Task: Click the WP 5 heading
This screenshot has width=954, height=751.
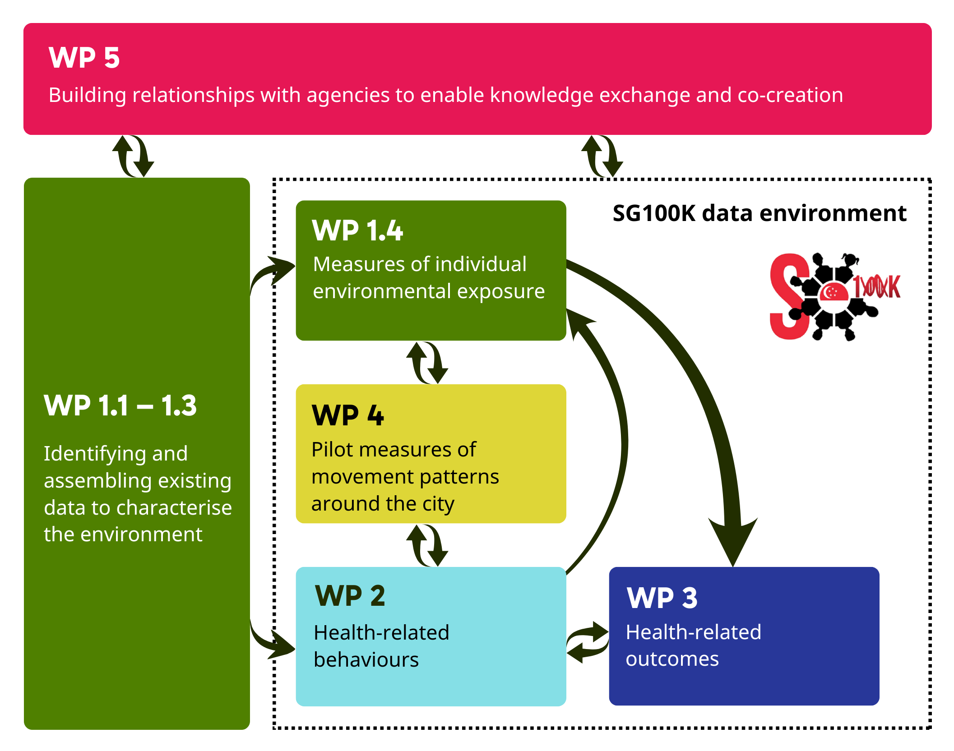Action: [x=84, y=58]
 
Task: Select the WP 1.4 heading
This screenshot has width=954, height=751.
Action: [x=357, y=230]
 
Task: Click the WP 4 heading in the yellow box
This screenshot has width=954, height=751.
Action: [x=347, y=415]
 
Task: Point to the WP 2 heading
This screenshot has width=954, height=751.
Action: [x=350, y=596]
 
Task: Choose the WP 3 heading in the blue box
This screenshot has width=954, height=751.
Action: [x=662, y=598]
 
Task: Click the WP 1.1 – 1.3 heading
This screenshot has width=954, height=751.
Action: [x=120, y=405]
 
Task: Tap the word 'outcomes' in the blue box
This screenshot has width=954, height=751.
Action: [x=672, y=659]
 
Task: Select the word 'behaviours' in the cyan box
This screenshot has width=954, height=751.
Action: [x=366, y=660]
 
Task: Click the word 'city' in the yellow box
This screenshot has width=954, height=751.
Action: [x=438, y=504]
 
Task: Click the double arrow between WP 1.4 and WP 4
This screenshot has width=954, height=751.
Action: [x=427, y=363]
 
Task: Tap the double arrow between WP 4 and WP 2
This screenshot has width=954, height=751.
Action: [x=427, y=545]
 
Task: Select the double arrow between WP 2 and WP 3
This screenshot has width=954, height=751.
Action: [x=588, y=642]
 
